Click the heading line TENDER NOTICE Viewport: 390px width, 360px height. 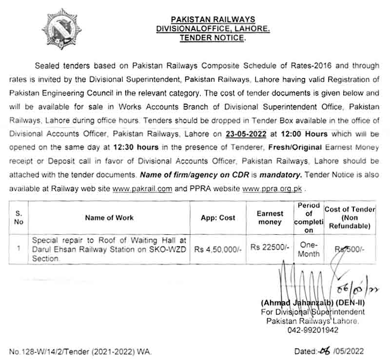pyautogui.click(x=213, y=37)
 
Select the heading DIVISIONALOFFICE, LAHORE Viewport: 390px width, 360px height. pyautogui.click(x=213, y=28)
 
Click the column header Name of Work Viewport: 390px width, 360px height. pyautogui.click(x=109, y=218)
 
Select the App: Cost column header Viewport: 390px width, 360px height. pyautogui.click(x=218, y=218)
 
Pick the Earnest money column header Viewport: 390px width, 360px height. pyautogui.click(x=270, y=218)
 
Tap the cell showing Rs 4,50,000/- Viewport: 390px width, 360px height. pyautogui.click(x=218, y=248)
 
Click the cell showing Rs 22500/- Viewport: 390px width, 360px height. pyautogui.click(x=270, y=247)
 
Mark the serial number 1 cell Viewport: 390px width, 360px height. pyautogui.click(x=19, y=248)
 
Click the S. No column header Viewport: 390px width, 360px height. pyautogui.click(x=19, y=218)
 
